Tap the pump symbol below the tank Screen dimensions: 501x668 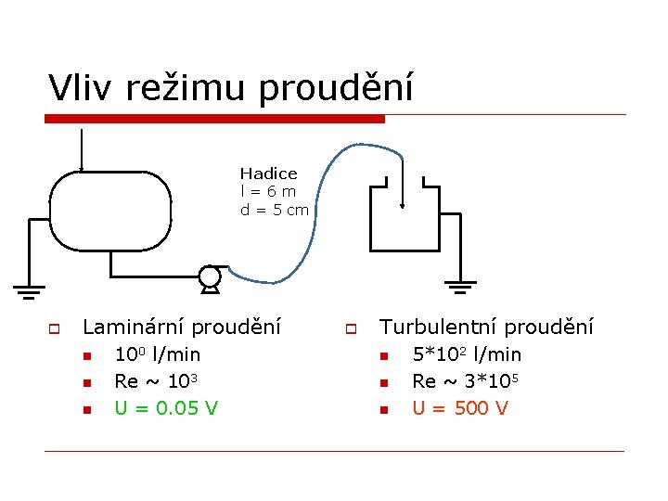[211, 277]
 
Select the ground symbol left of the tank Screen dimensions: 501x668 [29, 290]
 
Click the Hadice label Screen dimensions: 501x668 [268, 173]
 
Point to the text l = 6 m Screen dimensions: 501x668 [268, 191]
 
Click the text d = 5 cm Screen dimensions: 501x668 [274, 210]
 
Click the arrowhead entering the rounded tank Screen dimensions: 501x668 [82, 168]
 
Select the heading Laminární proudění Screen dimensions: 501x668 [182, 328]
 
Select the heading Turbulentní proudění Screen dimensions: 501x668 [487, 328]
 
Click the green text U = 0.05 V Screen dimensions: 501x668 [165, 408]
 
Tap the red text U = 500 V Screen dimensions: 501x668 [460, 408]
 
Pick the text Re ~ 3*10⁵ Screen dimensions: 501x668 [466, 381]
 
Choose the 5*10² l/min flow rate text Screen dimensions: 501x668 [467, 354]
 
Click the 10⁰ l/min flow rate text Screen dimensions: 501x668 [157, 354]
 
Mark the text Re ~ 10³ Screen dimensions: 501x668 [154, 381]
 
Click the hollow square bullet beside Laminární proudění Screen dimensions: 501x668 [55, 328]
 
